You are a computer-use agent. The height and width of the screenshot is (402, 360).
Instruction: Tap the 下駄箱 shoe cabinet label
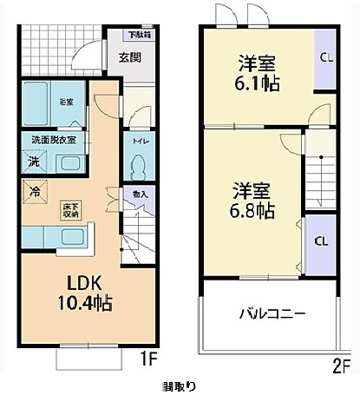pos(139,35)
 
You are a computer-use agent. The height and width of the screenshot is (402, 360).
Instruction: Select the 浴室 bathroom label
pos(67,102)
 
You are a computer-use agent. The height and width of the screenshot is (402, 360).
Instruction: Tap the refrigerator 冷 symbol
pos(34,192)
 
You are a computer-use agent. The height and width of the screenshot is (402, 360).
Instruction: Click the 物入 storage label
pos(139,195)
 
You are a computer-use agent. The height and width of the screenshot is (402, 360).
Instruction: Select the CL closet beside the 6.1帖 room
pos(325,59)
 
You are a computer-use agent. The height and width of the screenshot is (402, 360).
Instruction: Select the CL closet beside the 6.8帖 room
pos(320,241)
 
